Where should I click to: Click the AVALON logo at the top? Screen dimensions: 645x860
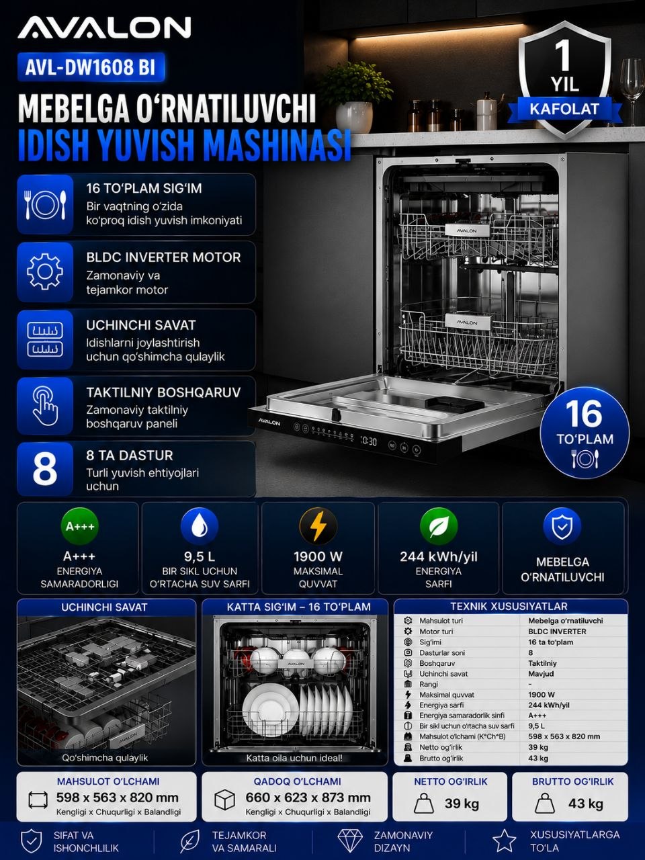pyautogui.click(x=104, y=28)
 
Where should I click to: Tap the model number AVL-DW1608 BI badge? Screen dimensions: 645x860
pyautogui.click(x=91, y=67)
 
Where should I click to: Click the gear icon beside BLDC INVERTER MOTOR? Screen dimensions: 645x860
pyautogui.click(x=44, y=271)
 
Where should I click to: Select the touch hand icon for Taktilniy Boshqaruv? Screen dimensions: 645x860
pyautogui.click(x=45, y=406)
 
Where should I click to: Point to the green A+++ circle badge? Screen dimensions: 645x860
pyautogui.click(x=79, y=526)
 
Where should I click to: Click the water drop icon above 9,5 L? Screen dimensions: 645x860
pyautogui.click(x=200, y=526)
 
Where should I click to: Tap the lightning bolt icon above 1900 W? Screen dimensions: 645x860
pyautogui.click(x=318, y=526)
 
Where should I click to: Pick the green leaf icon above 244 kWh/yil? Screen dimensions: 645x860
pyautogui.click(x=439, y=526)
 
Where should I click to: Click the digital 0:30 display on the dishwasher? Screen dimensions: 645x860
pyautogui.click(x=368, y=441)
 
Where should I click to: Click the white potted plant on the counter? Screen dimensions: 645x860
pyautogui.click(x=354, y=98)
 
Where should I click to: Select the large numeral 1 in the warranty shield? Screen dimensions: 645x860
pyautogui.click(x=562, y=56)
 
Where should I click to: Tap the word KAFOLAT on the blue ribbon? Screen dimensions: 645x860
pyautogui.click(x=564, y=109)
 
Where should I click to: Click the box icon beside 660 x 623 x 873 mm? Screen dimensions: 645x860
pyautogui.click(x=225, y=800)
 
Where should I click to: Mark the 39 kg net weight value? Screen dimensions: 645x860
pyautogui.click(x=462, y=804)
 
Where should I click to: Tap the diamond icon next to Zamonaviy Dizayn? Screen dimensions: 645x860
pyautogui.click(x=350, y=840)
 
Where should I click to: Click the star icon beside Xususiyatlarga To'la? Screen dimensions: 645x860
pyautogui.click(x=504, y=840)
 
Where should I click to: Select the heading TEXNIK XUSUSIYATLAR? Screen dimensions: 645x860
pyautogui.click(x=509, y=607)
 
